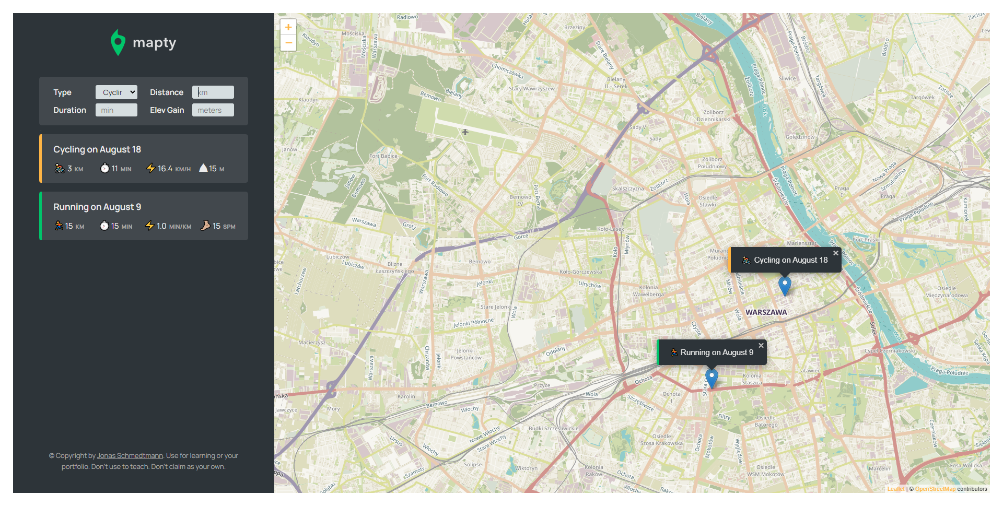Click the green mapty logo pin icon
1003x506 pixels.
click(118, 42)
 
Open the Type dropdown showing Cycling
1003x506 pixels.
click(116, 92)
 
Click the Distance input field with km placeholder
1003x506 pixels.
click(213, 92)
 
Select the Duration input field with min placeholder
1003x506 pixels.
click(116, 110)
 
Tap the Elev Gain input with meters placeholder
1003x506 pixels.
click(213, 110)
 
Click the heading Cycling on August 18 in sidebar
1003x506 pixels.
click(97, 149)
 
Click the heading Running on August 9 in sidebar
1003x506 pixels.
click(97, 207)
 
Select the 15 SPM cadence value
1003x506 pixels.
click(218, 226)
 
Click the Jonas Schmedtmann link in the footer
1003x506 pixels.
click(130, 456)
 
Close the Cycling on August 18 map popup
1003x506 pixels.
click(836, 253)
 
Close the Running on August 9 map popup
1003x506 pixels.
click(761, 346)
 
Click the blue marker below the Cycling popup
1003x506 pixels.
click(785, 285)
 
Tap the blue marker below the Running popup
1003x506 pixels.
click(712, 378)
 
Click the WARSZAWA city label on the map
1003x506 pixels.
click(766, 312)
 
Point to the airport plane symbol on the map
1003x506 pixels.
click(465, 132)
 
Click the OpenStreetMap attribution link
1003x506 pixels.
click(935, 489)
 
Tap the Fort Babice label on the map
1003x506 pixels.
click(383, 156)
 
